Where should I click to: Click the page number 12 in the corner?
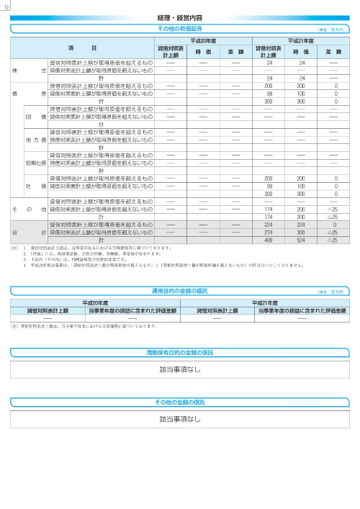tap(6, 6)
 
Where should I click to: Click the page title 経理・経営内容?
tap(179, 16)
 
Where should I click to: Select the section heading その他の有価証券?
tap(179, 27)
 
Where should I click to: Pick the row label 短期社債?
tap(35, 163)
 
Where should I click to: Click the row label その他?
tap(29, 209)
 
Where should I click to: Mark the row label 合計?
tap(29, 233)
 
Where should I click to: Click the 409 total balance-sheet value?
tap(268, 240)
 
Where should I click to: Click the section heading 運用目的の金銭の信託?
tap(179, 290)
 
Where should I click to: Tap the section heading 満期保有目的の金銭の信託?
tap(179, 352)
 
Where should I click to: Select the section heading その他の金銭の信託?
tap(179, 402)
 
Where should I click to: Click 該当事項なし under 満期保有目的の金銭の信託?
tap(179, 369)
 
